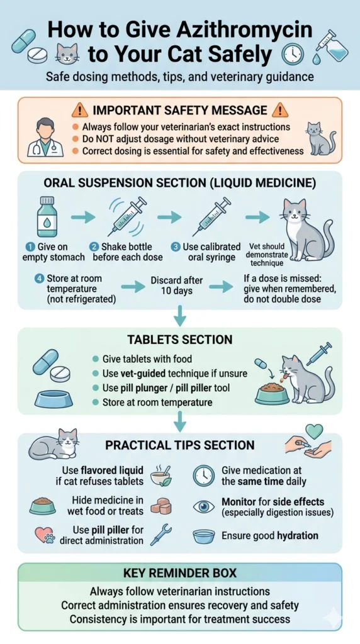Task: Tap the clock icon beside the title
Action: [293, 55]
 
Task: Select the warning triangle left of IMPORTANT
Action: [80, 110]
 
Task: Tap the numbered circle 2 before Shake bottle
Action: [94, 247]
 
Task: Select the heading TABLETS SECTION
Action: [180, 340]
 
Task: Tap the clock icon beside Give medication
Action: [203, 475]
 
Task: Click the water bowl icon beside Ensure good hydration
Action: [203, 536]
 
